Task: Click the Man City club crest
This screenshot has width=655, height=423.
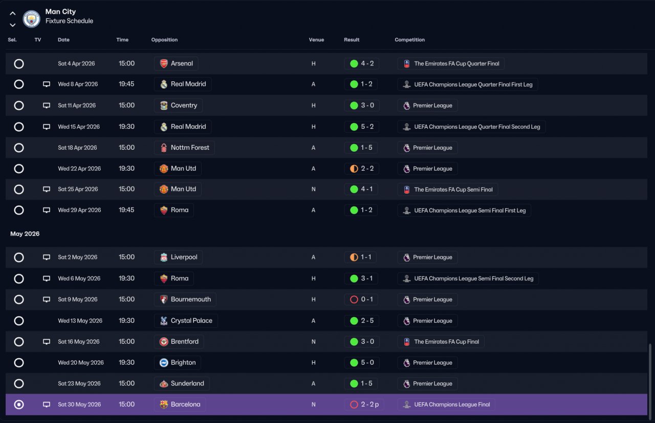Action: pyautogui.click(x=31, y=19)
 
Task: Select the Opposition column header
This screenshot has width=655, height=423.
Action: pyautogui.click(x=164, y=40)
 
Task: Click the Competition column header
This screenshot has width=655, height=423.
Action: pyautogui.click(x=410, y=40)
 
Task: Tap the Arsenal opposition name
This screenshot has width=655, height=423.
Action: pyautogui.click(x=182, y=63)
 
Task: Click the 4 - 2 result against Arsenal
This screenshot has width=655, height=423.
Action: pyautogui.click(x=367, y=63)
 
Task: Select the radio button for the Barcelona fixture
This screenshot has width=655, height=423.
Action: pyautogui.click(x=19, y=404)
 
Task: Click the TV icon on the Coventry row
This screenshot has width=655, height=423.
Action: pyautogui.click(x=47, y=105)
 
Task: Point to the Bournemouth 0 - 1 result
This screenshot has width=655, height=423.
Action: pyautogui.click(x=367, y=299)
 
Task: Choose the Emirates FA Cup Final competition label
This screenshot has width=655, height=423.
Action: pyautogui.click(x=447, y=342)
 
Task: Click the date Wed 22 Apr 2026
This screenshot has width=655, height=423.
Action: pyautogui.click(x=79, y=169)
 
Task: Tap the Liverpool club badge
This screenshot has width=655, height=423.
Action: pyautogui.click(x=164, y=257)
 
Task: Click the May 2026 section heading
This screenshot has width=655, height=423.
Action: pyautogui.click(x=25, y=234)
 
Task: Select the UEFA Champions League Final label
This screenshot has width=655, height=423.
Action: pyautogui.click(x=452, y=404)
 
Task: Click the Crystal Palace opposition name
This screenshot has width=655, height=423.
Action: pyautogui.click(x=191, y=320)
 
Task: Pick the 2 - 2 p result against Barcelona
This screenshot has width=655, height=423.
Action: pyautogui.click(x=370, y=404)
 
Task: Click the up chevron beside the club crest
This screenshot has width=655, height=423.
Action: pyautogui.click(x=13, y=13)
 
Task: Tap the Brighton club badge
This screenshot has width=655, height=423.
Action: pyautogui.click(x=164, y=363)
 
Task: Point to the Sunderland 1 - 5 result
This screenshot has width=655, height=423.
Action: pyautogui.click(x=367, y=383)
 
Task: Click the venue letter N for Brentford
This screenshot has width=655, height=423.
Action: pyautogui.click(x=314, y=342)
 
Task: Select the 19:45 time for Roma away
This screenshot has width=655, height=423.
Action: pyautogui.click(x=126, y=210)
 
